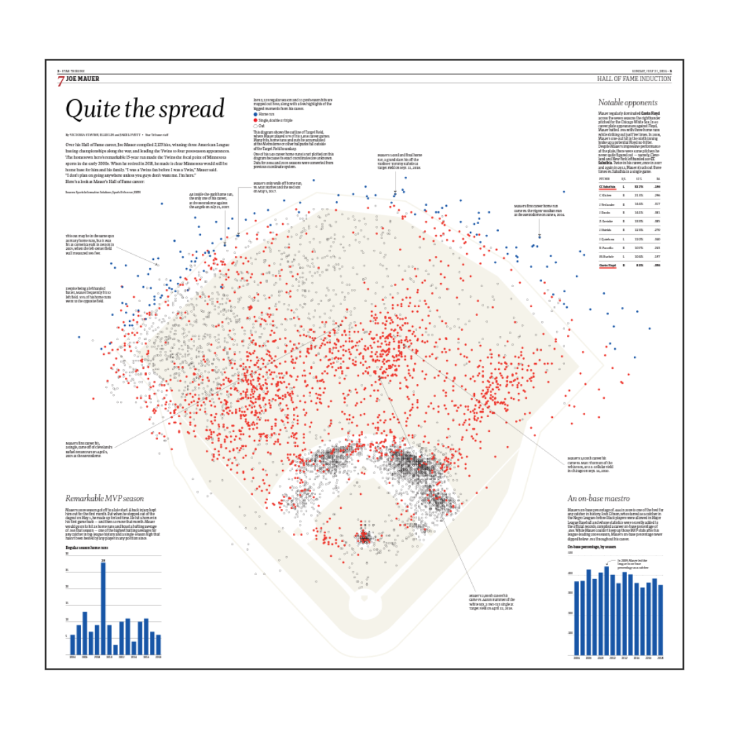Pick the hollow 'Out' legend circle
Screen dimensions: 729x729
point(255,125)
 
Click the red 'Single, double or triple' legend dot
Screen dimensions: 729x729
point(255,120)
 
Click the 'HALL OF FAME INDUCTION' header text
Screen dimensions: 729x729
point(634,79)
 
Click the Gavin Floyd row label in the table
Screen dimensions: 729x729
point(608,266)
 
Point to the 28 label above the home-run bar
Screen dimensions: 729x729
point(103,560)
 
